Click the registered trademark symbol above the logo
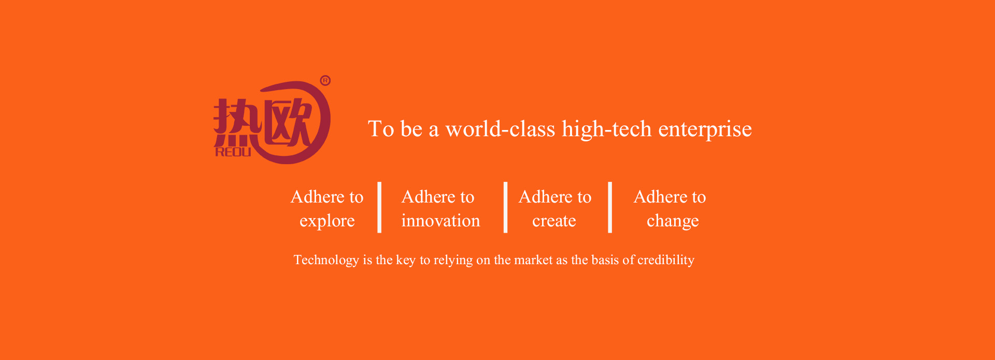(325, 80)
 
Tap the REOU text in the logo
(233, 152)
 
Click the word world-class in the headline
(500, 129)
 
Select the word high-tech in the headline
(606, 129)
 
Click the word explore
(327, 221)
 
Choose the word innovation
(440, 221)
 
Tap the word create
(554, 221)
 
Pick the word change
(673, 221)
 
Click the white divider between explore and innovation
(379, 207)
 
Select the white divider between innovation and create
(505, 207)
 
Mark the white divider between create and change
(610, 207)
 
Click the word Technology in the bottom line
(326, 260)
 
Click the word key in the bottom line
(406, 260)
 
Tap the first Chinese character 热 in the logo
(237, 122)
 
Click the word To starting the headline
(381, 129)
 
